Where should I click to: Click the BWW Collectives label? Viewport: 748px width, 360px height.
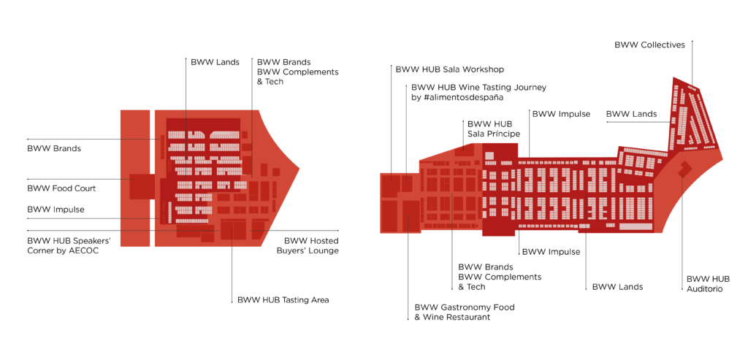click(649, 45)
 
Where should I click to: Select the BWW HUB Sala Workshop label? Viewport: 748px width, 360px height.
click(449, 69)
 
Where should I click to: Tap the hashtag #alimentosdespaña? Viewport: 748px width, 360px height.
click(466, 97)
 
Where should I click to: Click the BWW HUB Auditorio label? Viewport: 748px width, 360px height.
click(708, 284)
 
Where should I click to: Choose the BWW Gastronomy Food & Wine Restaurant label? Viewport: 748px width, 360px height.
click(464, 313)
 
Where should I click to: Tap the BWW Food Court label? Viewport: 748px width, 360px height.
click(61, 188)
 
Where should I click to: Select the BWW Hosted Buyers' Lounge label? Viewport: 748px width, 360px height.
click(310, 245)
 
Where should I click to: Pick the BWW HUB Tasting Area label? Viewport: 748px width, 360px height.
click(283, 299)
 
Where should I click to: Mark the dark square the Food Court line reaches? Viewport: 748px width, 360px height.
click(141, 186)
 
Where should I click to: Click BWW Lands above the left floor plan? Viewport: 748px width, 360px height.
click(215, 62)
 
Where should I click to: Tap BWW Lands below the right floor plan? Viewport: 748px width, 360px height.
click(617, 287)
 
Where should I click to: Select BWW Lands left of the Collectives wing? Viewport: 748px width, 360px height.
click(631, 114)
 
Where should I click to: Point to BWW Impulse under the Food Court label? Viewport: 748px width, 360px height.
click(56, 210)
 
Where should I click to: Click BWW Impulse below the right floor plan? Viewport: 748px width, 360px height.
click(551, 252)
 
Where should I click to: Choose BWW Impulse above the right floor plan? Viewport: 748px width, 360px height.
click(561, 114)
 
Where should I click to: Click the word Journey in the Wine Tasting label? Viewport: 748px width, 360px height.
click(527, 88)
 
